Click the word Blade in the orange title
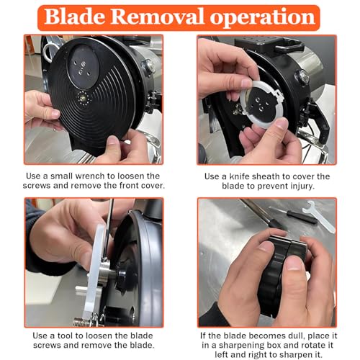tap(74, 17)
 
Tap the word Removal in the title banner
tap(157, 17)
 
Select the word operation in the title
tap(263, 18)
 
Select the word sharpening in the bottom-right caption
tap(241, 346)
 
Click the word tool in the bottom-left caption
tap(66, 336)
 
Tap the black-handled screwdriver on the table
tap(294, 215)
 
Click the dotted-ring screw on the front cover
tap(84, 98)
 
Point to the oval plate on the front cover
tap(83, 67)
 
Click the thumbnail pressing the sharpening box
tap(294, 262)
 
